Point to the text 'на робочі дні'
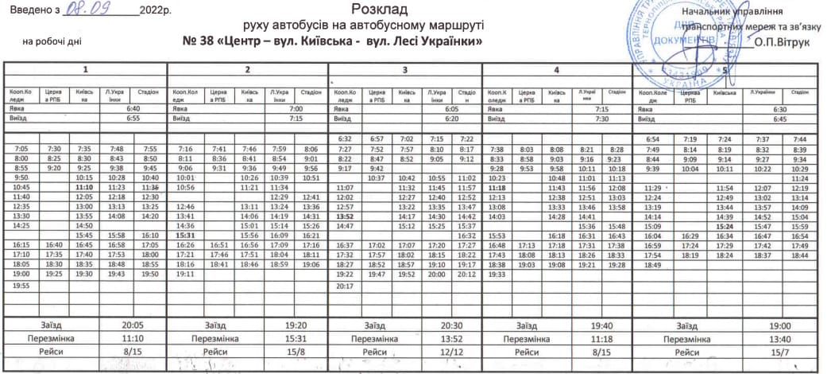click(x=51, y=40)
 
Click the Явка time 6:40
click(x=133, y=108)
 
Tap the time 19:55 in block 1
click(x=21, y=284)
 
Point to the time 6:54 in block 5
click(x=653, y=138)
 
